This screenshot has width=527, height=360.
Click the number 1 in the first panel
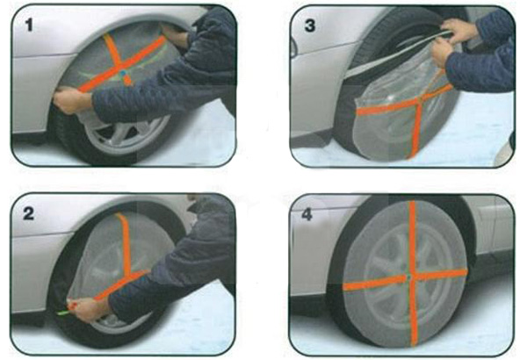click(30, 25)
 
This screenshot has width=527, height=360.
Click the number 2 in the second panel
click(29, 213)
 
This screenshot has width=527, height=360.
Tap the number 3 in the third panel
click(309, 25)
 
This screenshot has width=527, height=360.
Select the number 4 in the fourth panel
click(307, 214)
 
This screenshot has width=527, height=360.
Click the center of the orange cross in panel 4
click(409, 277)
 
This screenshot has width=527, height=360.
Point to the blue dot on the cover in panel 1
click(124, 73)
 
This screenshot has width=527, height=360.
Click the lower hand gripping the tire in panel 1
click(72, 101)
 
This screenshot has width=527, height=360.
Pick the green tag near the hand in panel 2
click(63, 313)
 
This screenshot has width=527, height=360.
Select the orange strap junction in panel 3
click(420, 102)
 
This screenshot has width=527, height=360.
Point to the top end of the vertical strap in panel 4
click(412, 202)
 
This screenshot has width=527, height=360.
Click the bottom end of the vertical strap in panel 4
click(414, 343)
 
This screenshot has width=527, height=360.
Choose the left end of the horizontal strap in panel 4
click(345, 286)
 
